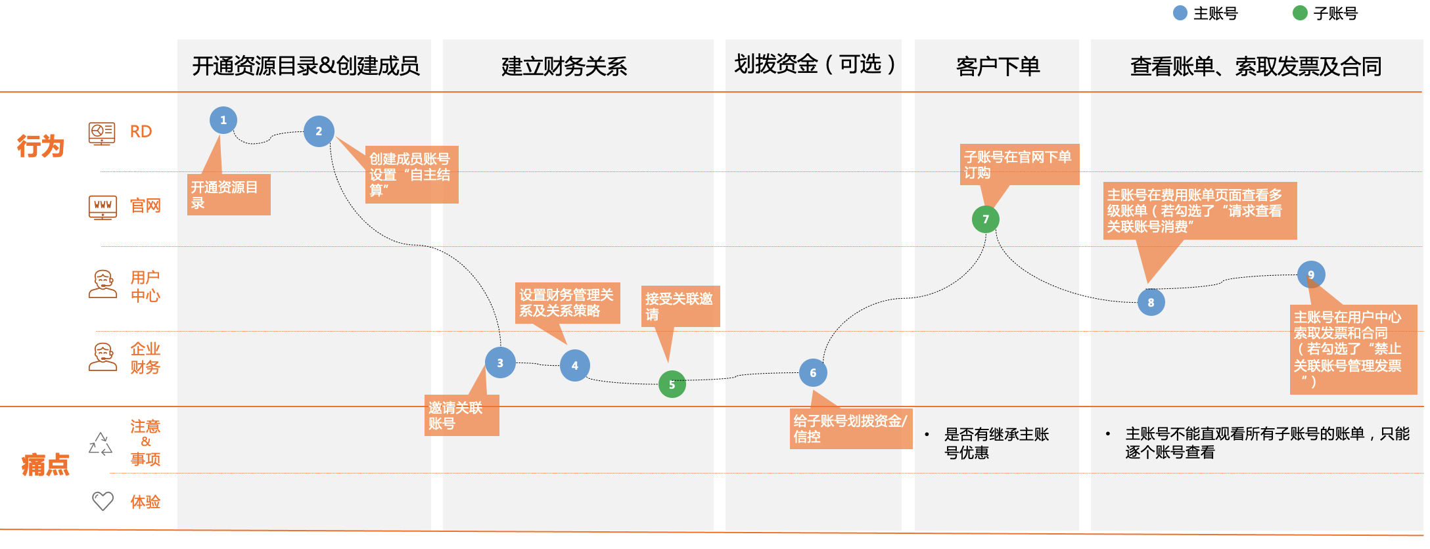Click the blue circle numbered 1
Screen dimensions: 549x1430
coord(223,120)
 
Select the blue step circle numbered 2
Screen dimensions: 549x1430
coord(319,131)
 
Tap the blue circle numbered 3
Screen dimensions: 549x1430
coord(500,362)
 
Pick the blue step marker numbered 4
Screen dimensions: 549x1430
coord(575,366)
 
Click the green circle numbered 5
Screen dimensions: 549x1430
coord(672,385)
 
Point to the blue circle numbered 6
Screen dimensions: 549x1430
coord(813,373)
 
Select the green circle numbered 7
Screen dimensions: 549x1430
coord(985,219)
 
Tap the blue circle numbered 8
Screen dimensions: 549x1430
coord(1151,303)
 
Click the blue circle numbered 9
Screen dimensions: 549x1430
coord(1311,274)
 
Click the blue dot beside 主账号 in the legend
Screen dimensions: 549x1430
coord(1180,13)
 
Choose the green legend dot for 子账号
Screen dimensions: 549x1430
coord(1300,13)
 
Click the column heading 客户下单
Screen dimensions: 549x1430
coord(998,66)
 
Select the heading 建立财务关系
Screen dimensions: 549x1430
coord(564,66)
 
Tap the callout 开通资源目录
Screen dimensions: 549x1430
coord(228,195)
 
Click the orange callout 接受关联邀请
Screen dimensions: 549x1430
coord(680,306)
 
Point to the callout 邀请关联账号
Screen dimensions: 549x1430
coord(463,415)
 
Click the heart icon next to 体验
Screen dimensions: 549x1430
coord(103,501)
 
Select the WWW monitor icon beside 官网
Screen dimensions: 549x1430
coord(103,207)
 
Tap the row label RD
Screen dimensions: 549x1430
coord(141,131)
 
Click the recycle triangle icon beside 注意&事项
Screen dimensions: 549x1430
coord(101,444)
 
